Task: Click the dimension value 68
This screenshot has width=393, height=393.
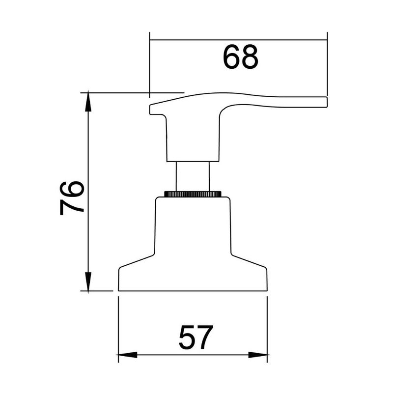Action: click(x=240, y=57)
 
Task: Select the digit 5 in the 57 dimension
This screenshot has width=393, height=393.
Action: click(x=187, y=337)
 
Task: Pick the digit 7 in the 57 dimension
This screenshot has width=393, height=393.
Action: click(x=204, y=337)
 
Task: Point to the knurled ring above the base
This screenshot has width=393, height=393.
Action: click(x=193, y=194)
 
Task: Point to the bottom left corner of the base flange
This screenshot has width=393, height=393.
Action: click(x=119, y=290)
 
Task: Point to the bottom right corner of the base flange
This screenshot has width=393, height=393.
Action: click(x=267, y=290)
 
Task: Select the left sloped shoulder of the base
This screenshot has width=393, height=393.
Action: click(x=138, y=261)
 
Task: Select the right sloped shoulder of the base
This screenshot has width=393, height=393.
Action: click(x=249, y=261)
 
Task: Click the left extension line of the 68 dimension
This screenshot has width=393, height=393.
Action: click(x=149, y=64)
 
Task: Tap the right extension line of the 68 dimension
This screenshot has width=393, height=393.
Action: click(x=327, y=64)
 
